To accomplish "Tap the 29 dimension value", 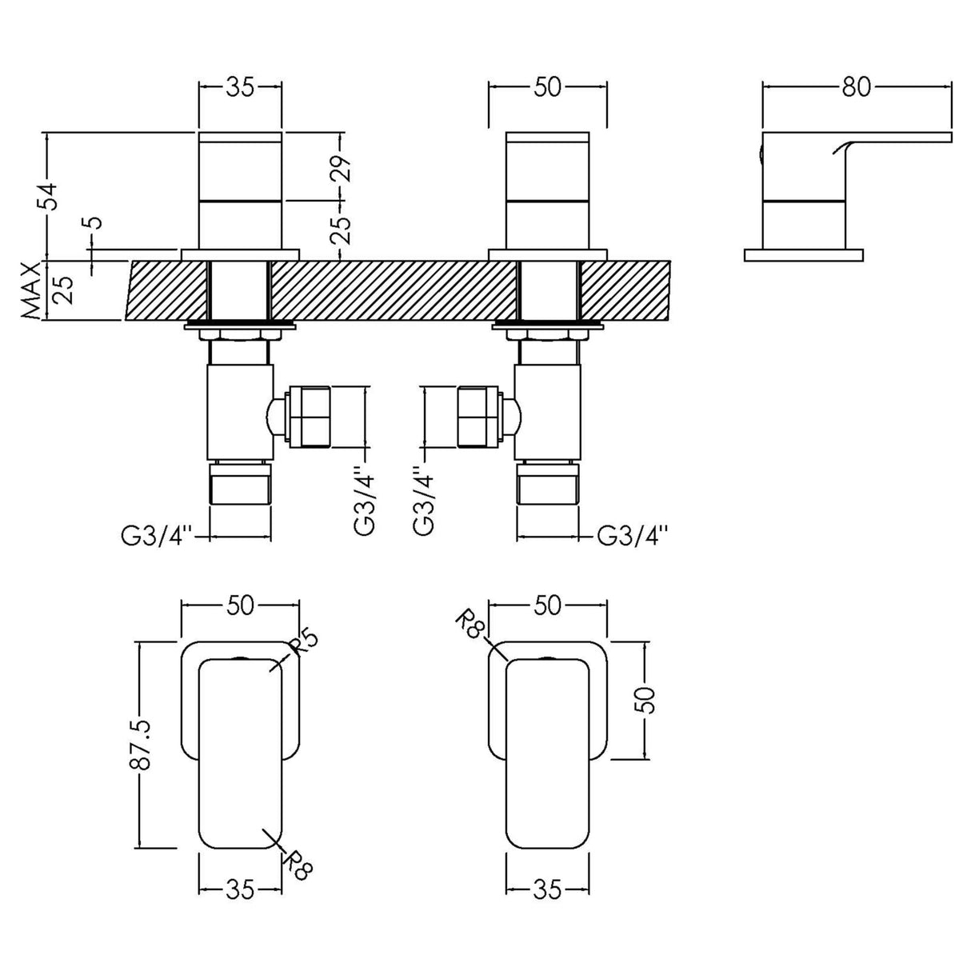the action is tap(342, 168).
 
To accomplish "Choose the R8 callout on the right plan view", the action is tap(473, 624).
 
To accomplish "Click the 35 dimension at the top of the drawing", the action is tap(239, 87).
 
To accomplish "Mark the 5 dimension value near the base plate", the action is tap(94, 222).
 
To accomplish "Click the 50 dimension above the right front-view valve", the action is tap(547, 87).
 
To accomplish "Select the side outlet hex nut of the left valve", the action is tap(310, 417).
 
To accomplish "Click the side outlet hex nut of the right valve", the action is tap(479, 417).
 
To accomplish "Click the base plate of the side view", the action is tap(803, 255).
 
